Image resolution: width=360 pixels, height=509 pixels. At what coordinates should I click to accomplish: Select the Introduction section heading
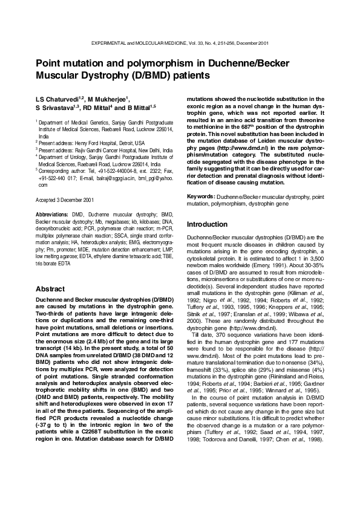click(x=208, y=224)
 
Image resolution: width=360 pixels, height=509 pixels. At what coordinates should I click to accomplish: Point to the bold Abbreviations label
click(x=53, y=215)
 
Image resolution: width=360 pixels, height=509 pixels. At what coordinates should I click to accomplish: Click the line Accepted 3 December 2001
click(x=65, y=199)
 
